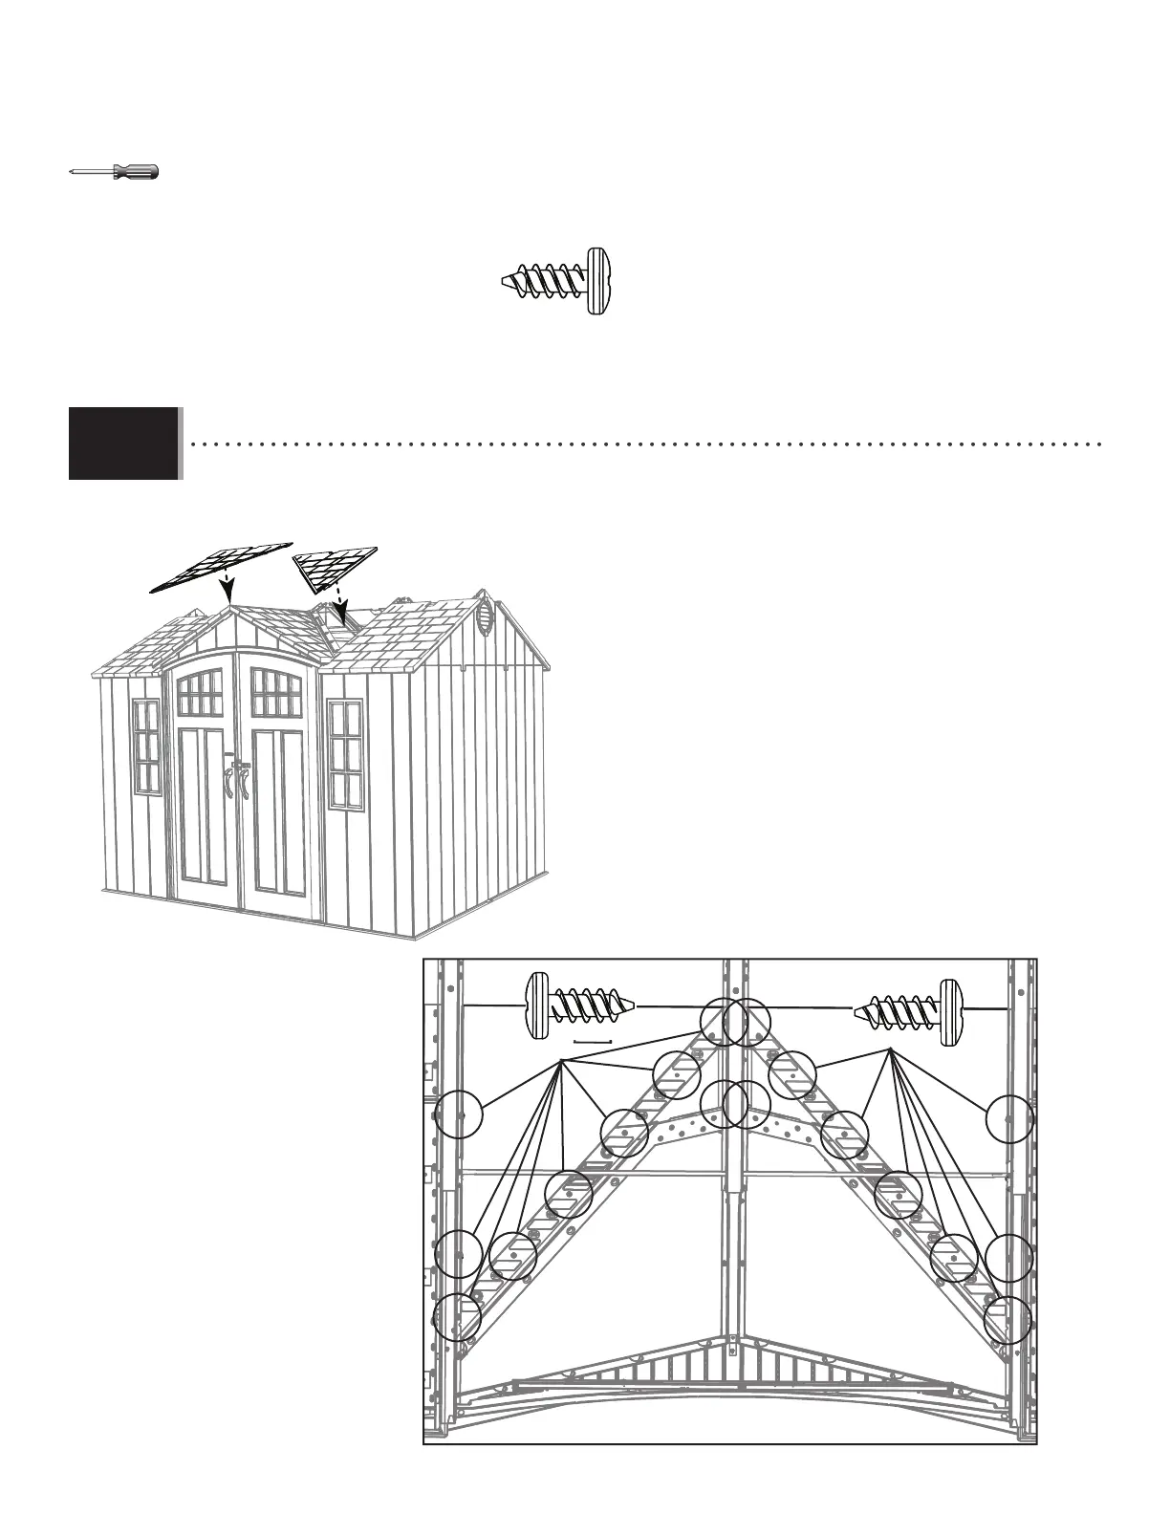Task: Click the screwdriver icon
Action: [x=115, y=172]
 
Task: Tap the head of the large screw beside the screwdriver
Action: [x=597, y=282]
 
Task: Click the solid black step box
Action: [x=124, y=443]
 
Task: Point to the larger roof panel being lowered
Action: [x=222, y=564]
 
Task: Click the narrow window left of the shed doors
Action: [x=146, y=746]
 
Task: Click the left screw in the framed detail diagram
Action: [x=578, y=1006]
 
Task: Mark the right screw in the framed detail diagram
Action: [x=908, y=1009]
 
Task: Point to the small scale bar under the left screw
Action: [x=592, y=1040]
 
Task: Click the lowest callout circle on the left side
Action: [x=457, y=1317]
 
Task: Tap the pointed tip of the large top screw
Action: [x=508, y=282]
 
